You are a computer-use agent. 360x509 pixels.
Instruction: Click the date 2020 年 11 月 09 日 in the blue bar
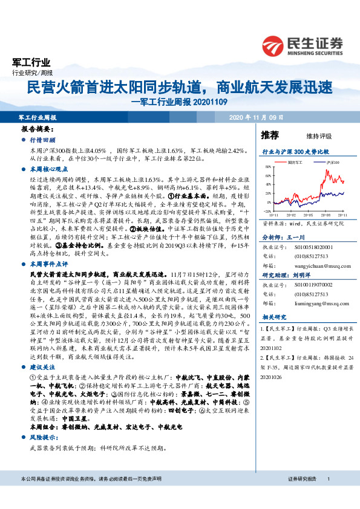coord(256,117)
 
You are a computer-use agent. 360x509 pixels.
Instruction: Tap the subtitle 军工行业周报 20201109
coord(180,102)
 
